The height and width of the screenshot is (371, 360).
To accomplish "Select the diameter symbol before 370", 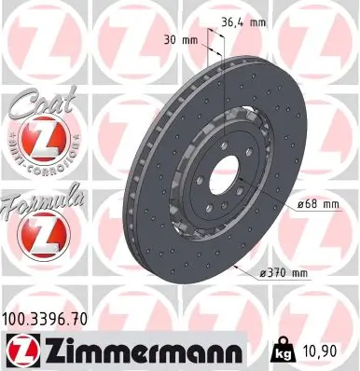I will click(x=258, y=273).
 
